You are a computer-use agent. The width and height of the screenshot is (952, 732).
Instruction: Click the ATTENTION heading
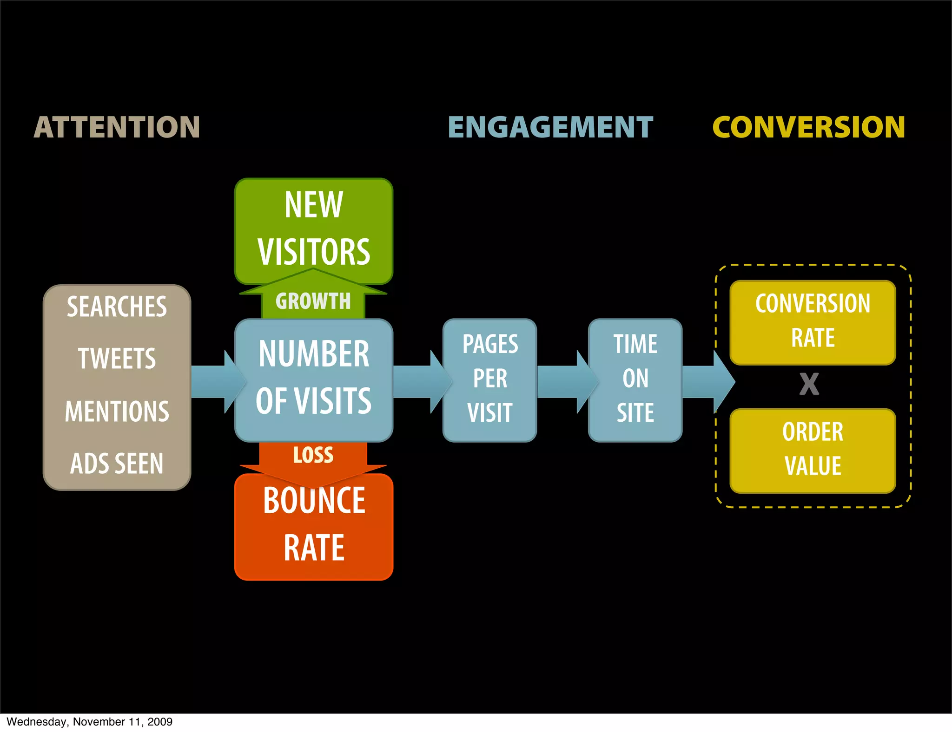(x=117, y=127)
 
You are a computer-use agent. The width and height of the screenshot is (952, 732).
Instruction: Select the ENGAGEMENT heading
(x=550, y=127)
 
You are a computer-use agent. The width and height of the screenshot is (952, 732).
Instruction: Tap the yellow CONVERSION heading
(x=808, y=127)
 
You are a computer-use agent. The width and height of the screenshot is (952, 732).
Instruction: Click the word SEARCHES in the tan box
(x=117, y=307)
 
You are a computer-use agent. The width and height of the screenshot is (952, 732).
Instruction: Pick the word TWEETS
(x=117, y=359)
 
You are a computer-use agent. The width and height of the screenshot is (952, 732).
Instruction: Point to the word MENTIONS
(x=117, y=412)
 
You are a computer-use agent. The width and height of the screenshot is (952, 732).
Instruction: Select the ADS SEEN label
(x=117, y=464)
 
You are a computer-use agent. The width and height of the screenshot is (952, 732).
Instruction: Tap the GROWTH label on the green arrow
(x=313, y=301)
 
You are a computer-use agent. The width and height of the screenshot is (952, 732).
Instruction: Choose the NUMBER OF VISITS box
(x=314, y=378)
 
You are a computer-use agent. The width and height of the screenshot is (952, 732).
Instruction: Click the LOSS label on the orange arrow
(x=313, y=455)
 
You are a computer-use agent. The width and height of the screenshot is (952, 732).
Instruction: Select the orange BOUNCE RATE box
(x=314, y=525)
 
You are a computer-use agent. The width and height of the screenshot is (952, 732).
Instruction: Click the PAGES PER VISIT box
(x=489, y=379)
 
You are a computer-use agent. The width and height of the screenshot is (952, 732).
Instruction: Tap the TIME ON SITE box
(x=635, y=379)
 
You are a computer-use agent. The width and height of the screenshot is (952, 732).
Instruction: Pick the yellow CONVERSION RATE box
(x=813, y=321)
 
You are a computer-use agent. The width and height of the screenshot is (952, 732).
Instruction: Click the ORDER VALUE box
(x=813, y=450)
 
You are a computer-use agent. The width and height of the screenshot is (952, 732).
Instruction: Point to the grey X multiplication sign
(x=809, y=384)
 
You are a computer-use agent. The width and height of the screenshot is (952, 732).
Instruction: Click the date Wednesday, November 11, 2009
(x=89, y=722)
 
